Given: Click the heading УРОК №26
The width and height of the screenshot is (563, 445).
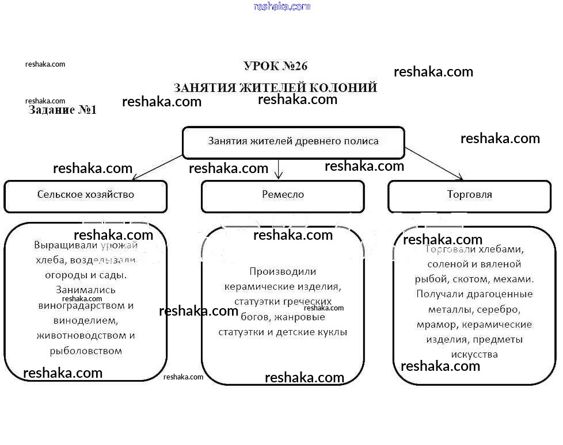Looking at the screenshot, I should (276, 66).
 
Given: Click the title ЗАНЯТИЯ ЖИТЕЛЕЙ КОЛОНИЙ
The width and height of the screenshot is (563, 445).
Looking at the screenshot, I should (275, 88).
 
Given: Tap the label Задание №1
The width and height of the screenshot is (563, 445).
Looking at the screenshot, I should (63, 110).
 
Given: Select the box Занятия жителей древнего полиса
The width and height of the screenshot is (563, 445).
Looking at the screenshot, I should (293, 141).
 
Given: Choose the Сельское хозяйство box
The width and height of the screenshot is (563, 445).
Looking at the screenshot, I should (85, 195).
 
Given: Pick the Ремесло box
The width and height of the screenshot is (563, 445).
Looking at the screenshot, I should (282, 195).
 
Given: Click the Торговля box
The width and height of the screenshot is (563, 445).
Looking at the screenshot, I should (469, 195).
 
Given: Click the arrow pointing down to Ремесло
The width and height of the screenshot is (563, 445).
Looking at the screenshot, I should (279, 168).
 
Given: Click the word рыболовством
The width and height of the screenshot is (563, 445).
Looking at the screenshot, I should (86, 350).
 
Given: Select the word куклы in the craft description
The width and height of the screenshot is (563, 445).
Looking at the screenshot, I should (333, 332).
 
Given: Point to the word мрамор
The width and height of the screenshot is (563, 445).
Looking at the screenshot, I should (437, 324).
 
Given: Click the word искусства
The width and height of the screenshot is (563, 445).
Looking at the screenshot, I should (474, 354).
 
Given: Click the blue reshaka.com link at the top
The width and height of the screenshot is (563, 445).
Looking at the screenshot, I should (281, 6).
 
